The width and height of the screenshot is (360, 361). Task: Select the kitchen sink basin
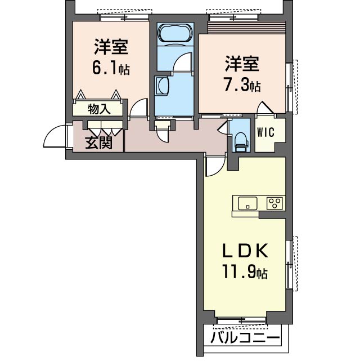click(247, 203)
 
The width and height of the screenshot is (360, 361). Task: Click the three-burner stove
click(274, 203)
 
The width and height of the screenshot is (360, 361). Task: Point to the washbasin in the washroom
click(163, 86)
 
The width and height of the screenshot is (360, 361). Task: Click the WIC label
click(265, 132)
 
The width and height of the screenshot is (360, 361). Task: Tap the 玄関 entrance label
click(99, 142)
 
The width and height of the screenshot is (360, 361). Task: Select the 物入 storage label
click(100, 109)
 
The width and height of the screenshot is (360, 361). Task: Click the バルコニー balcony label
click(245, 338)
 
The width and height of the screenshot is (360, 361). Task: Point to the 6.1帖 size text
click(111, 68)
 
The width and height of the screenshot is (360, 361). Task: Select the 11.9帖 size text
click(244, 273)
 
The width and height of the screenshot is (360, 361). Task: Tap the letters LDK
click(245, 251)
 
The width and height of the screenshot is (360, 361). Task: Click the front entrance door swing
click(55, 136)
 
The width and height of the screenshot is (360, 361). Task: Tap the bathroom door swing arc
click(182, 62)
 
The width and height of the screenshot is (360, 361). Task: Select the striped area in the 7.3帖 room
click(247, 28)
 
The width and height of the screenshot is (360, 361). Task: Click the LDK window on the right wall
click(291, 264)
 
